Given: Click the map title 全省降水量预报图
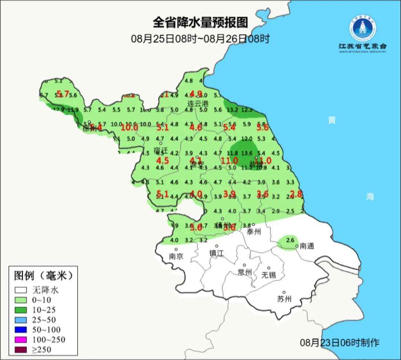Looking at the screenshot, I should click(x=200, y=22).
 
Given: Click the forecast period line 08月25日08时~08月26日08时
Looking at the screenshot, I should click(x=200, y=38).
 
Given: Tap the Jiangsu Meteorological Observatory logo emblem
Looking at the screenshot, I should click(x=362, y=28).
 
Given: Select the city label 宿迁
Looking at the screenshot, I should click(x=161, y=150).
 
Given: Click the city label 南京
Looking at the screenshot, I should click(x=176, y=256).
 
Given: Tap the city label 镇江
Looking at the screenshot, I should click(x=216, y=253).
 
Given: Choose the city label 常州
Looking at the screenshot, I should click(x=245, y=272).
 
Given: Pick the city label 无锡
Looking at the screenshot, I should click(x=268, y=275).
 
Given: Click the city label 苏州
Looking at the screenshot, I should click(x=284, y=299).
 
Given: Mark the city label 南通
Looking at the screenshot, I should click(x=307, y=246).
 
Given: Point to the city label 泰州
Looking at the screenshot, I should click(x=254, y=232).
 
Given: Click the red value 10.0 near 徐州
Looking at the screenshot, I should click(x=130, y=127).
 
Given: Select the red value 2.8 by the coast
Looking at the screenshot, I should click(x=296, y=194).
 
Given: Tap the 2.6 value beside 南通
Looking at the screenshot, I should click(x=290, y=240).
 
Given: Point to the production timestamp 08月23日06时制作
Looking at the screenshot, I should click(x=339, y=343).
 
